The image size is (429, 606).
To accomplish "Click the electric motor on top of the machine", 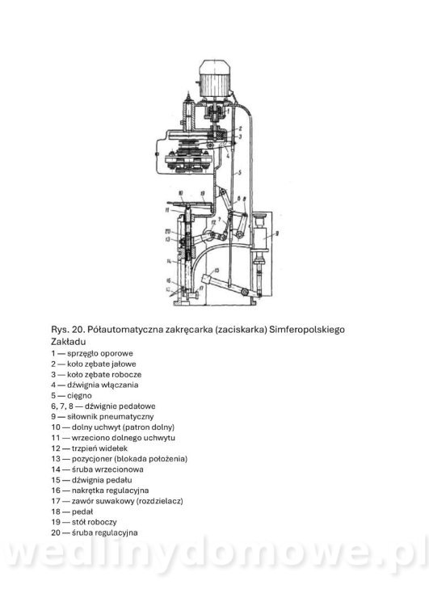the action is [x=215, y=79].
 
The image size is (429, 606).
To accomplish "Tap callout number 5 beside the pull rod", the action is [x=240, y=172].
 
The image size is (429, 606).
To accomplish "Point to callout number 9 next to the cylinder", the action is [x=277, y=233].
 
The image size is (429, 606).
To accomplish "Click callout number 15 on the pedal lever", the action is [x=217, y=270].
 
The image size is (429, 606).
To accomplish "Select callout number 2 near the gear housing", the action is [x=240, y=128].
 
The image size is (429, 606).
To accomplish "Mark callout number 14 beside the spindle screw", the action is [x=169, y=261].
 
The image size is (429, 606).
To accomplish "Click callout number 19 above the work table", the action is [x=203, y=193].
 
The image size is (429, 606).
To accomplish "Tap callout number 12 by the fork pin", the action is [x=213, y=223].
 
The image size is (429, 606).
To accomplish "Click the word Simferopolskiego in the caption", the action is [x=307, y=330].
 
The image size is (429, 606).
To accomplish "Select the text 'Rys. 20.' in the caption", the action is [x=68, y=330].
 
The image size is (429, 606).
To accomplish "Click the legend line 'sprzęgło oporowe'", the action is [x=99, y=353].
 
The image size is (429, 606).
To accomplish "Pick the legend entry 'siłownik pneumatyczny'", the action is [x=110, y=417].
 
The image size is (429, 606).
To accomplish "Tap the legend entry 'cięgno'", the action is [x=79, y=395].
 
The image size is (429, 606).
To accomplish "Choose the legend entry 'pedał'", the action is [x=82, y=511].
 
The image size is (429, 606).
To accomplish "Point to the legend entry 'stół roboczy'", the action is [x=94, y=522].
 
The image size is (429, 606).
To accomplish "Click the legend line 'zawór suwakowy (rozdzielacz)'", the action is [x=127, y=501].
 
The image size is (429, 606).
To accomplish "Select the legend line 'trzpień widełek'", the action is [x=99, y=448].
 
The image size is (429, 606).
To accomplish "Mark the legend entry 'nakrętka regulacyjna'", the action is [x=110, y=490].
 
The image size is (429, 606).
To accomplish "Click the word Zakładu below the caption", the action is [x=69, y=342].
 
